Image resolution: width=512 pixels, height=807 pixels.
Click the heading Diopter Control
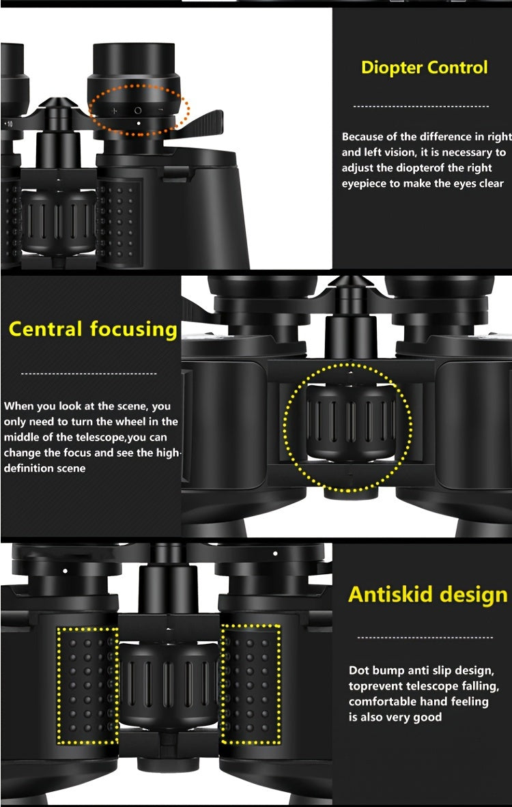coord(424,68)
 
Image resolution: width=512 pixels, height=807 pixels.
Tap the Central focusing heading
coord(93,329)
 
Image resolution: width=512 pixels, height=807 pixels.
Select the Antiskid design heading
coord(428,594)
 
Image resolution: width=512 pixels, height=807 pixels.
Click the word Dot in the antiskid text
coord(360,670)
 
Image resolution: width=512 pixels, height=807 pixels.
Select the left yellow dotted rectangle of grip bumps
coord(87,685)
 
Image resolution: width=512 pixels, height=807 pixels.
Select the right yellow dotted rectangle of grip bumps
coord(251,685)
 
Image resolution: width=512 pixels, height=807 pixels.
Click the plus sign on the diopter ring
coord(114,111)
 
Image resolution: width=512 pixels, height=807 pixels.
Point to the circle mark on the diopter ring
coord(137,110)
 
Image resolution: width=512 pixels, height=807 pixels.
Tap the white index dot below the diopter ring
coord(139,124)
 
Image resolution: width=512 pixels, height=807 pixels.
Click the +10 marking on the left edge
coord(8,124)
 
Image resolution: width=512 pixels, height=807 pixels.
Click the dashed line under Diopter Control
coord(421,107)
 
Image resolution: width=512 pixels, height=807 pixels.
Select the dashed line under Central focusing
coord(89,373)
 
